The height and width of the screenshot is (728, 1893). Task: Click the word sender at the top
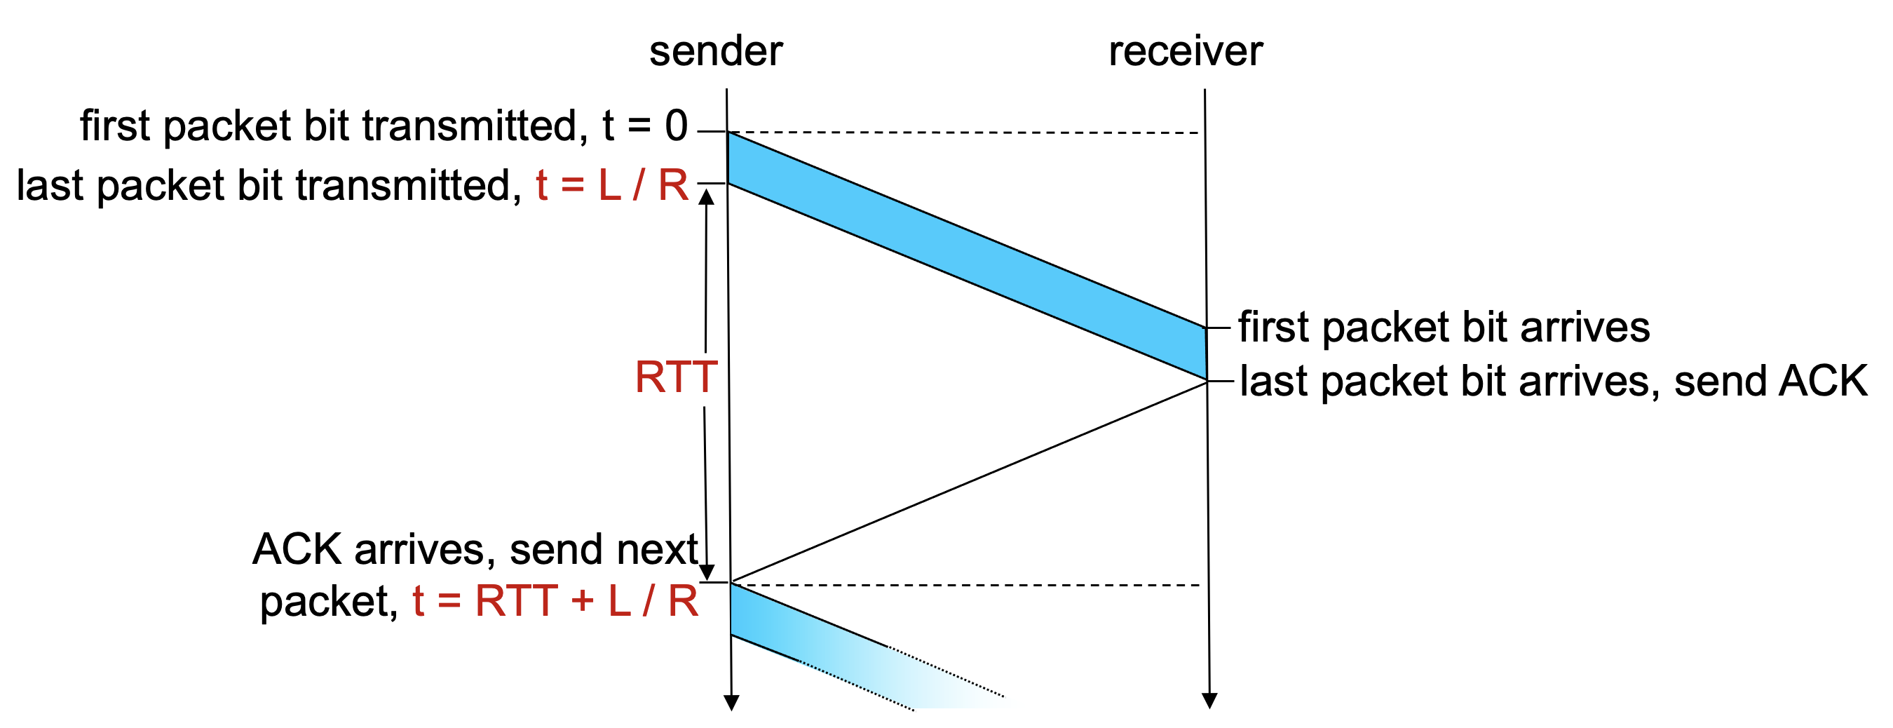(716, 51)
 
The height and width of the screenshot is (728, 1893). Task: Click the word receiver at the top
(1186, 51)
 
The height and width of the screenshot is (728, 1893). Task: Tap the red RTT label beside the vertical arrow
(675, 377)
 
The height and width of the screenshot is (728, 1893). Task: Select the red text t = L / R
(612, 185)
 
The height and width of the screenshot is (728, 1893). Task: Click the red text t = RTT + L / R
(555, 602)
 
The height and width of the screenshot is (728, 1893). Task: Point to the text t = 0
(644, 126)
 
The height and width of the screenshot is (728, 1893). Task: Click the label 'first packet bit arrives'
(1444, 328)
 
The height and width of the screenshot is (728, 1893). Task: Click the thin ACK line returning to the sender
(970, 482)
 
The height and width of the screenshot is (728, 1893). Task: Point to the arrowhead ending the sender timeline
(731, 703)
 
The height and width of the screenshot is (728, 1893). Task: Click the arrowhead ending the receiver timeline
(1209, 701)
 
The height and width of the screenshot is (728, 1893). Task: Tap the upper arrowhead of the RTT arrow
(706, 197)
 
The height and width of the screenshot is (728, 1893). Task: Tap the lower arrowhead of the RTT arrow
(706, 572)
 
